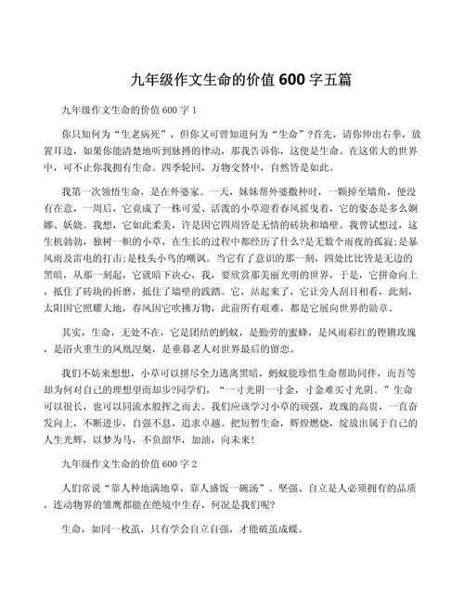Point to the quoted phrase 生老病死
click(134, 133)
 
